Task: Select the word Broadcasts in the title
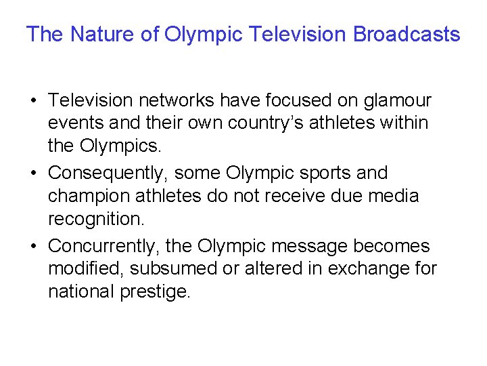coord(407,34)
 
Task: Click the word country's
coord(259,124)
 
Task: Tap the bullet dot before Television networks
coord(32,102)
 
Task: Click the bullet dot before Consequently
coord(32,174)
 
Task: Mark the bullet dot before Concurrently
coord(32,245)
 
